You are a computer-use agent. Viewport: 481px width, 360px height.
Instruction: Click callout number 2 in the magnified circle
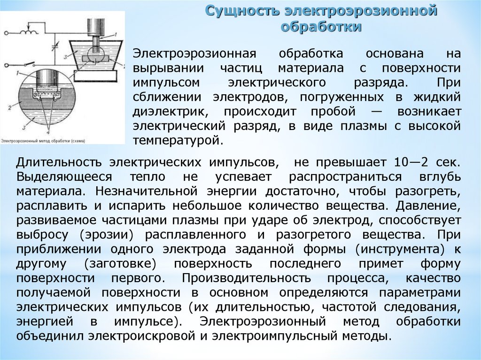click(x=9, y=107)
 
